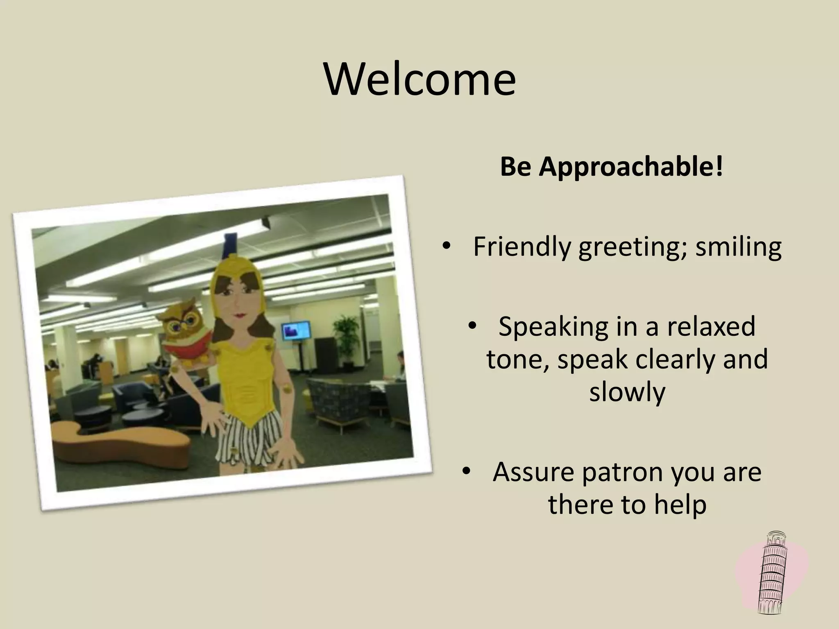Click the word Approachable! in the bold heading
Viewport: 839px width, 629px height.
[631, 167]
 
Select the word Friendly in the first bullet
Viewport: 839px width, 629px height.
[521, 247]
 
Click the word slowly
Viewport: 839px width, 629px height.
[627, 391]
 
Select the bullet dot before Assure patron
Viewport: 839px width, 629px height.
[466, 471]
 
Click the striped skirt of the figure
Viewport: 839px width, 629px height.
[250, 438]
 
